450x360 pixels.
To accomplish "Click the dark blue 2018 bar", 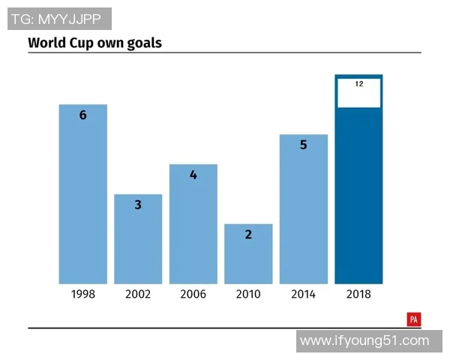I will click(358, 195).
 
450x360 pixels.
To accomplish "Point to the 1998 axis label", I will click(83, 294).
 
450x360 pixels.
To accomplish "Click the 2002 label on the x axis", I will click(138, 294).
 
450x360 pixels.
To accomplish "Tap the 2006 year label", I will click(193, 294).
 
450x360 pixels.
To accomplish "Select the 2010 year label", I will click(248, 294).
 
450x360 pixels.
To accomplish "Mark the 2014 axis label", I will click(304, 294).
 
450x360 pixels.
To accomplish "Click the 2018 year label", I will click(358, 294).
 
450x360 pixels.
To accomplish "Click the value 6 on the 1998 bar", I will click(83, 115).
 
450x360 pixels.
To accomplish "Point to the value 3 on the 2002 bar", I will click(138, 204).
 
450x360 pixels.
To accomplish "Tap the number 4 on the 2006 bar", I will click(193, 175).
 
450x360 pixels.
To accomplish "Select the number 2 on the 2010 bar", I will click(248, 234).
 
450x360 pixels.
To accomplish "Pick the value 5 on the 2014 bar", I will click(304, 145).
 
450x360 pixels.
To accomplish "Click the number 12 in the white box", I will click(359, 84).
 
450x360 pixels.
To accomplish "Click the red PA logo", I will click(414, 319).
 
